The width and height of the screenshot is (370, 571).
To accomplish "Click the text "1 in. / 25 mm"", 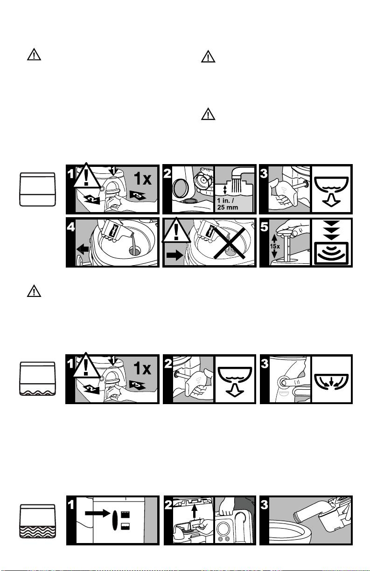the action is [227, 204].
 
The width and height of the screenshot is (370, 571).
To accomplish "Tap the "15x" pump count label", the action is [274, 246].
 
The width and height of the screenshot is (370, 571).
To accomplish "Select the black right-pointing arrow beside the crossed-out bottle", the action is [175, 255].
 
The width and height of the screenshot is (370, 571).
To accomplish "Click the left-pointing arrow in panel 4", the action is [83, 249].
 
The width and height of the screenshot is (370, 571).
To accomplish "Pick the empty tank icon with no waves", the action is [37, 189].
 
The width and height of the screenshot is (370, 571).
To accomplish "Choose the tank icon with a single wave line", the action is [37, 378].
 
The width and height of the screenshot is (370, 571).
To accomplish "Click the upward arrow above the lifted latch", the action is [195, 510].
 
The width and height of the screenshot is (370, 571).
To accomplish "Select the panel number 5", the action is [264, 227].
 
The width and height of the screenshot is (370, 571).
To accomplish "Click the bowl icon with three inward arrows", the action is [331, 382].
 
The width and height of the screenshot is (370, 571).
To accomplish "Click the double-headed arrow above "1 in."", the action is [225, 190].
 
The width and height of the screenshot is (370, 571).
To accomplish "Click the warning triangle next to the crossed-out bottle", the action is [176, 230].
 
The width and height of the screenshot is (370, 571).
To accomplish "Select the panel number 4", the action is [70, 227].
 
